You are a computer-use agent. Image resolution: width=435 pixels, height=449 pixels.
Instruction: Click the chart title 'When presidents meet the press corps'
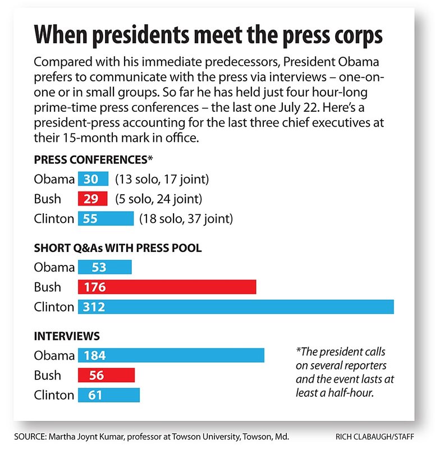[208, 35]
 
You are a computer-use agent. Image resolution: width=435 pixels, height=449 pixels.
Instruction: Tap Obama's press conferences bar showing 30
[93, 180]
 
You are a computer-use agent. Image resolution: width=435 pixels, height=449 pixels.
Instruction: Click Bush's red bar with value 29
[93, 199]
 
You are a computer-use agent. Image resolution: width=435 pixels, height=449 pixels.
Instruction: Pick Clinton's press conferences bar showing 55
[106, 218]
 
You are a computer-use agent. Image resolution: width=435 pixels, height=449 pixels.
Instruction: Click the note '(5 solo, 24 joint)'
[158, 199]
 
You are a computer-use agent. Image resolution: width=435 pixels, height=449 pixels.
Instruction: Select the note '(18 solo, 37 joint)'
[186, 218]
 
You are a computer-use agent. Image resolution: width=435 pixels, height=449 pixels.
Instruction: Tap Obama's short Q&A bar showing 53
[104, 268]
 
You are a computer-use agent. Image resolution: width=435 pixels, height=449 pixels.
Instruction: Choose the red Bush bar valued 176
[167, 287]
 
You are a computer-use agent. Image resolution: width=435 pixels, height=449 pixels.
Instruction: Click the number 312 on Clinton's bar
[95, 307]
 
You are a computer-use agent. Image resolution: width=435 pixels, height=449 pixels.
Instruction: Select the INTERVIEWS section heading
[67, 336]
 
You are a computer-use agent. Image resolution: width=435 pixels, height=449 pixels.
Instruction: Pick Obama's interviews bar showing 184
[171, 355]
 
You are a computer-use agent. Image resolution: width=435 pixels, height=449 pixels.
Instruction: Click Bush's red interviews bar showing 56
[106, 375]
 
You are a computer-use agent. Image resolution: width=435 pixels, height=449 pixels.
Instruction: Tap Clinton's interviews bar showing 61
[108, 395]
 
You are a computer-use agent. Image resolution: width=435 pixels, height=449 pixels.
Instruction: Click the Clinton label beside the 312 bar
[54, 307]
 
